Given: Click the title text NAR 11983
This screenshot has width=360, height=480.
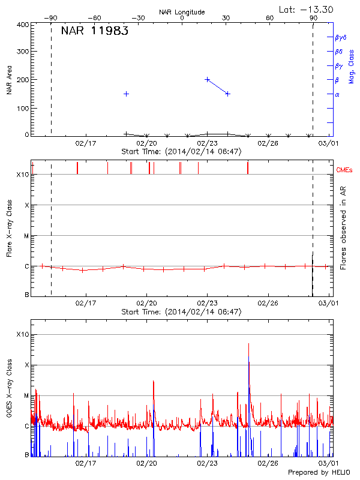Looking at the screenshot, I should (x=94, y=31).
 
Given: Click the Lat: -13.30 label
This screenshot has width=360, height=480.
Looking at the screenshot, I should (x=307, y=9).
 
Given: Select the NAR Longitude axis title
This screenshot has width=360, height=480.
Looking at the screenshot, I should (x=182, y=12).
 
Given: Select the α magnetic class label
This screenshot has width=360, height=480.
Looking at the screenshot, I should (x=337, y=94).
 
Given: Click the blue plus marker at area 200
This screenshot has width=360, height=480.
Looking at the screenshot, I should (x=208, y=79).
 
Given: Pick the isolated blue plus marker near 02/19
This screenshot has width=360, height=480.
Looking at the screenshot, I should (x=127, y=94).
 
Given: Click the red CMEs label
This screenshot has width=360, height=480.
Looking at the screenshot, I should (x=344, y=170).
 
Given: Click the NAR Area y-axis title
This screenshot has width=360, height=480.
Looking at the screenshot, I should (x=9, y=80).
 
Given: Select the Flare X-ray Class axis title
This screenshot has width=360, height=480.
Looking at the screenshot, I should (x=9, y=228).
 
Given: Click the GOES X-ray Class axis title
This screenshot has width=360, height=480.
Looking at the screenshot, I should (x=9, y=390).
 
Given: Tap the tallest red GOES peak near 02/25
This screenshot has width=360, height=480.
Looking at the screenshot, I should (x=248, y=344).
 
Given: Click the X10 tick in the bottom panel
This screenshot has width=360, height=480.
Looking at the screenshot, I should (x=22, y=334).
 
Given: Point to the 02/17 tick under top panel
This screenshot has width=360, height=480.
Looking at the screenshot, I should (x=86, y=143).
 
